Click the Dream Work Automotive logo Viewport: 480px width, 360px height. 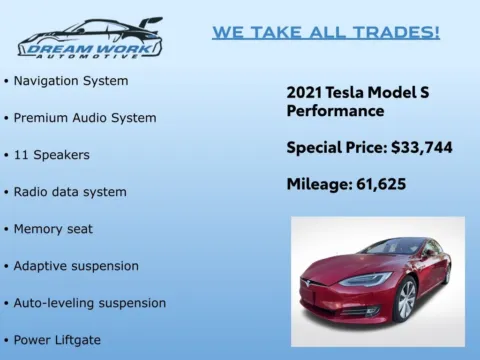click(x=90, y=37)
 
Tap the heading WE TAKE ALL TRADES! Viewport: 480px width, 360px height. click(x=325, y=32)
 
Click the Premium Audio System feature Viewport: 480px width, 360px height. click(x=84, y=117)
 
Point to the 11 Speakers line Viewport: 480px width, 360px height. click(x=51, y=154)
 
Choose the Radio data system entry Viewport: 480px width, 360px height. click(x=70, y=191)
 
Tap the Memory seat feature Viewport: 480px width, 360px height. click(x=53, y=228)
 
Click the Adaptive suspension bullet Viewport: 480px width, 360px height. click(x=76, y=265)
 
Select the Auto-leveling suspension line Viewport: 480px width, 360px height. click(x=89, y=302)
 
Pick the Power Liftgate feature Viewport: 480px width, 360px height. click(x=57, y=339)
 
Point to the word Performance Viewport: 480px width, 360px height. click(x=335, y=110)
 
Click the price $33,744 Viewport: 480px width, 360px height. click(x=420, y=147)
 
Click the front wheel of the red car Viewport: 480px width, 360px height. click(x=405, y=299)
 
